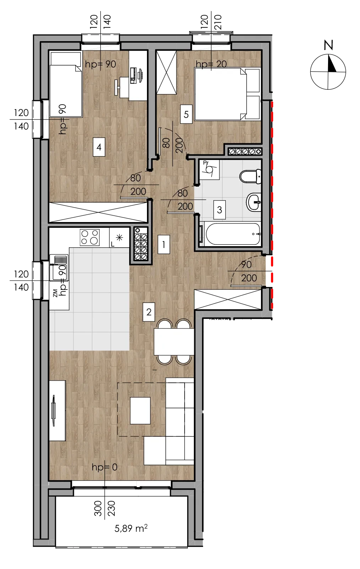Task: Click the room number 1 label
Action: tap(163, 244)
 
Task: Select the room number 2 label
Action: tap(149, 312)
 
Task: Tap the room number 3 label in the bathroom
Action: tap(219, 210)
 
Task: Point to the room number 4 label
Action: tap(99, 147)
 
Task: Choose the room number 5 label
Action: tap(186, 114)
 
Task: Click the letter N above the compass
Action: tap(328, 45)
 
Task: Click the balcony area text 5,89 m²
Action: tap(131, 528)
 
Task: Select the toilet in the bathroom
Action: tap(250, 176)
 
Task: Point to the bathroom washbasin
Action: tap(254, 202)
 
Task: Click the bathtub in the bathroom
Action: tap(233, 234)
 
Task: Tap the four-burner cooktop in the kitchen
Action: tap(89, 237)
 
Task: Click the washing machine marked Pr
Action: tap(209, 170)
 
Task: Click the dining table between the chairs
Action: tap(174, 342)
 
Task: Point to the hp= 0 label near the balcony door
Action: tap(104, 468)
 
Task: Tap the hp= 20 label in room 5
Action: tap(211, 64)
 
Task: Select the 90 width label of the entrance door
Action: tap(246, 264)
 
